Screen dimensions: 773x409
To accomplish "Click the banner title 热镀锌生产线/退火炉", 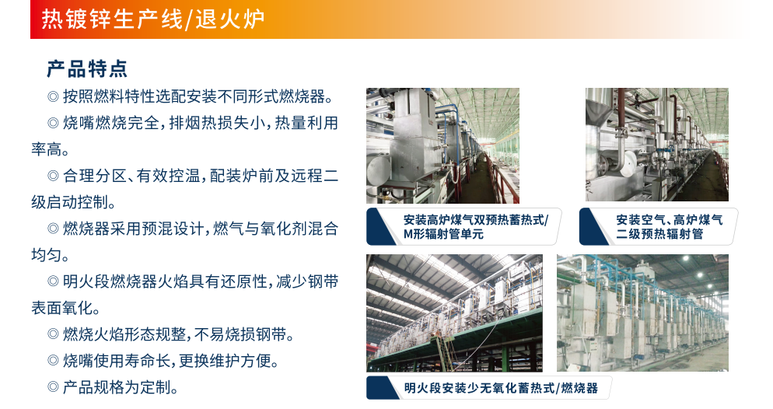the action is click(153, 19).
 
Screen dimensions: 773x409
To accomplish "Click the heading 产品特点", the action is click(87, 69).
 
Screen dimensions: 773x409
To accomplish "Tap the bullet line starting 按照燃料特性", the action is click(191, 96).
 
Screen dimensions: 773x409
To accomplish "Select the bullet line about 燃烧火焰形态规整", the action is click(171, 334).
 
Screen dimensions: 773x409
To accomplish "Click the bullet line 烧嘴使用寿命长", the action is click(163, 362).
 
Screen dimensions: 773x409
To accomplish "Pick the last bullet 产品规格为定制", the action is click(113, 387).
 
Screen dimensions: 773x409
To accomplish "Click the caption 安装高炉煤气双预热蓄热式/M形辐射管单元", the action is click(475, 227).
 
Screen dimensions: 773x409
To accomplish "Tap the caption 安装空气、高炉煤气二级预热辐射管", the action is click(669, 227).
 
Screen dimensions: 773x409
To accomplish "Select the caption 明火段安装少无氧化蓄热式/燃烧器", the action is click(500, 388).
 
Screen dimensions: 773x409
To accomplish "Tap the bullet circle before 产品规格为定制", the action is click(53, 387).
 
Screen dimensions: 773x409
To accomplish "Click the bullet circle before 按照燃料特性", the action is click(53, 96).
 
